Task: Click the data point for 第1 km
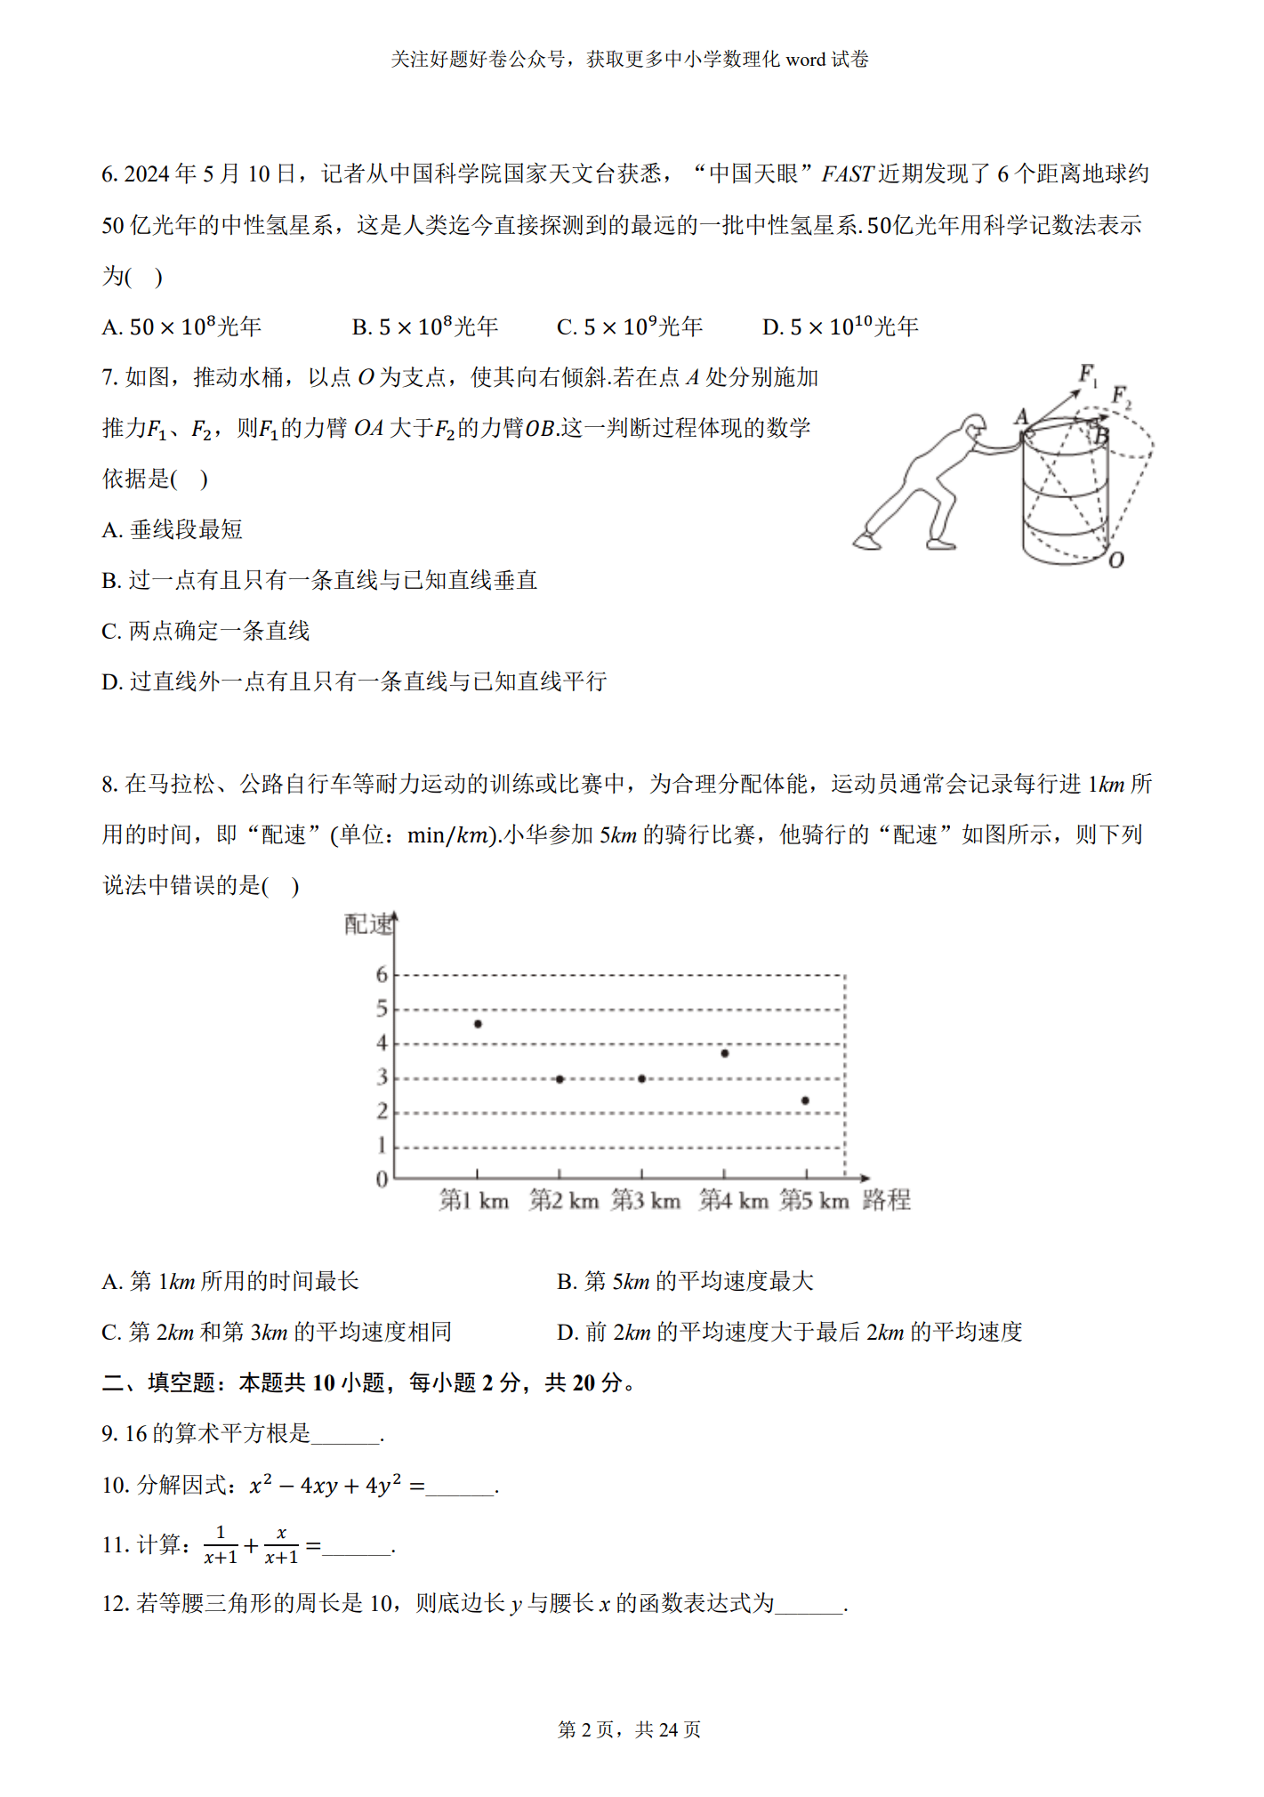click(x=478, y=1024)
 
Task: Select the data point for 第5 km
click(x=805, y=1100)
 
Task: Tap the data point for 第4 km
click(x=725, y=1053)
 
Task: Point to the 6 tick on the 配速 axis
click(x=382, y=975)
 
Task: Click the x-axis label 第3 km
click(x=646, y=1201)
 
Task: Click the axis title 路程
click(x=887, y=1200)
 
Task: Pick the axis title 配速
click(x=368, y=925)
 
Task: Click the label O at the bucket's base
click(x=1115, y=560)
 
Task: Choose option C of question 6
click(x=630, y=327)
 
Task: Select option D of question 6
click(x=840, y=327)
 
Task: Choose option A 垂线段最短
click(x=173, y=530)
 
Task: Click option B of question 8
click(x=685, y=1281)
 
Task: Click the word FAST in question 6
click(x=846, y=174)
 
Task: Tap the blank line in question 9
click(x=346, y=1434)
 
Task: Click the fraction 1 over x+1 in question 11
click(x=221, y=1545)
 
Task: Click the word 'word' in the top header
click(x=806, y=60)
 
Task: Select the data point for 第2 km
click(x=560, y=1079)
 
